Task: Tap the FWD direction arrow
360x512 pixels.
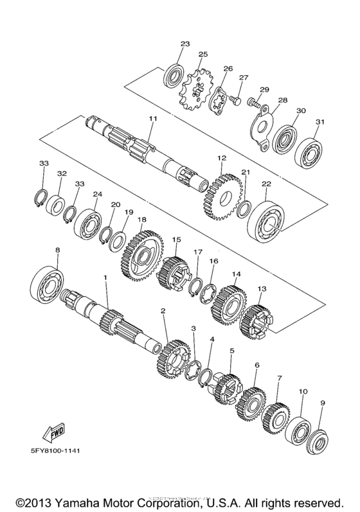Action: pos(54,432)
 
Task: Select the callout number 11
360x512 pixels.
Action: pos(153,118)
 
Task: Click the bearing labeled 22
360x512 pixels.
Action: pos(266,221)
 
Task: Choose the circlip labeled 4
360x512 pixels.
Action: pos(206,378)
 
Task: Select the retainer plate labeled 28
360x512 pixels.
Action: pos(264,128)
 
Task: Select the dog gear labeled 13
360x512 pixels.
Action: pos(256,321)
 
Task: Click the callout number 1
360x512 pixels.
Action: pos(105,278)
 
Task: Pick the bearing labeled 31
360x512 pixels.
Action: pos(309,153)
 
